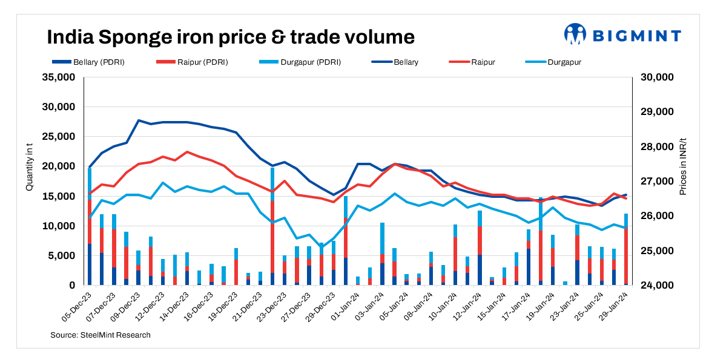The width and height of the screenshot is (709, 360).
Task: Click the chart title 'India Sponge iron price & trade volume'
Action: (x=231, y=38)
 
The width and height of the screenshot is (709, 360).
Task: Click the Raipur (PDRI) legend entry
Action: (x=192, y=62)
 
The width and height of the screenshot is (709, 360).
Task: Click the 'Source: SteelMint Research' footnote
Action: (x=100, y=335)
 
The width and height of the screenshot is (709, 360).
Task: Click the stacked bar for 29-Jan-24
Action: (x=626, y=249)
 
